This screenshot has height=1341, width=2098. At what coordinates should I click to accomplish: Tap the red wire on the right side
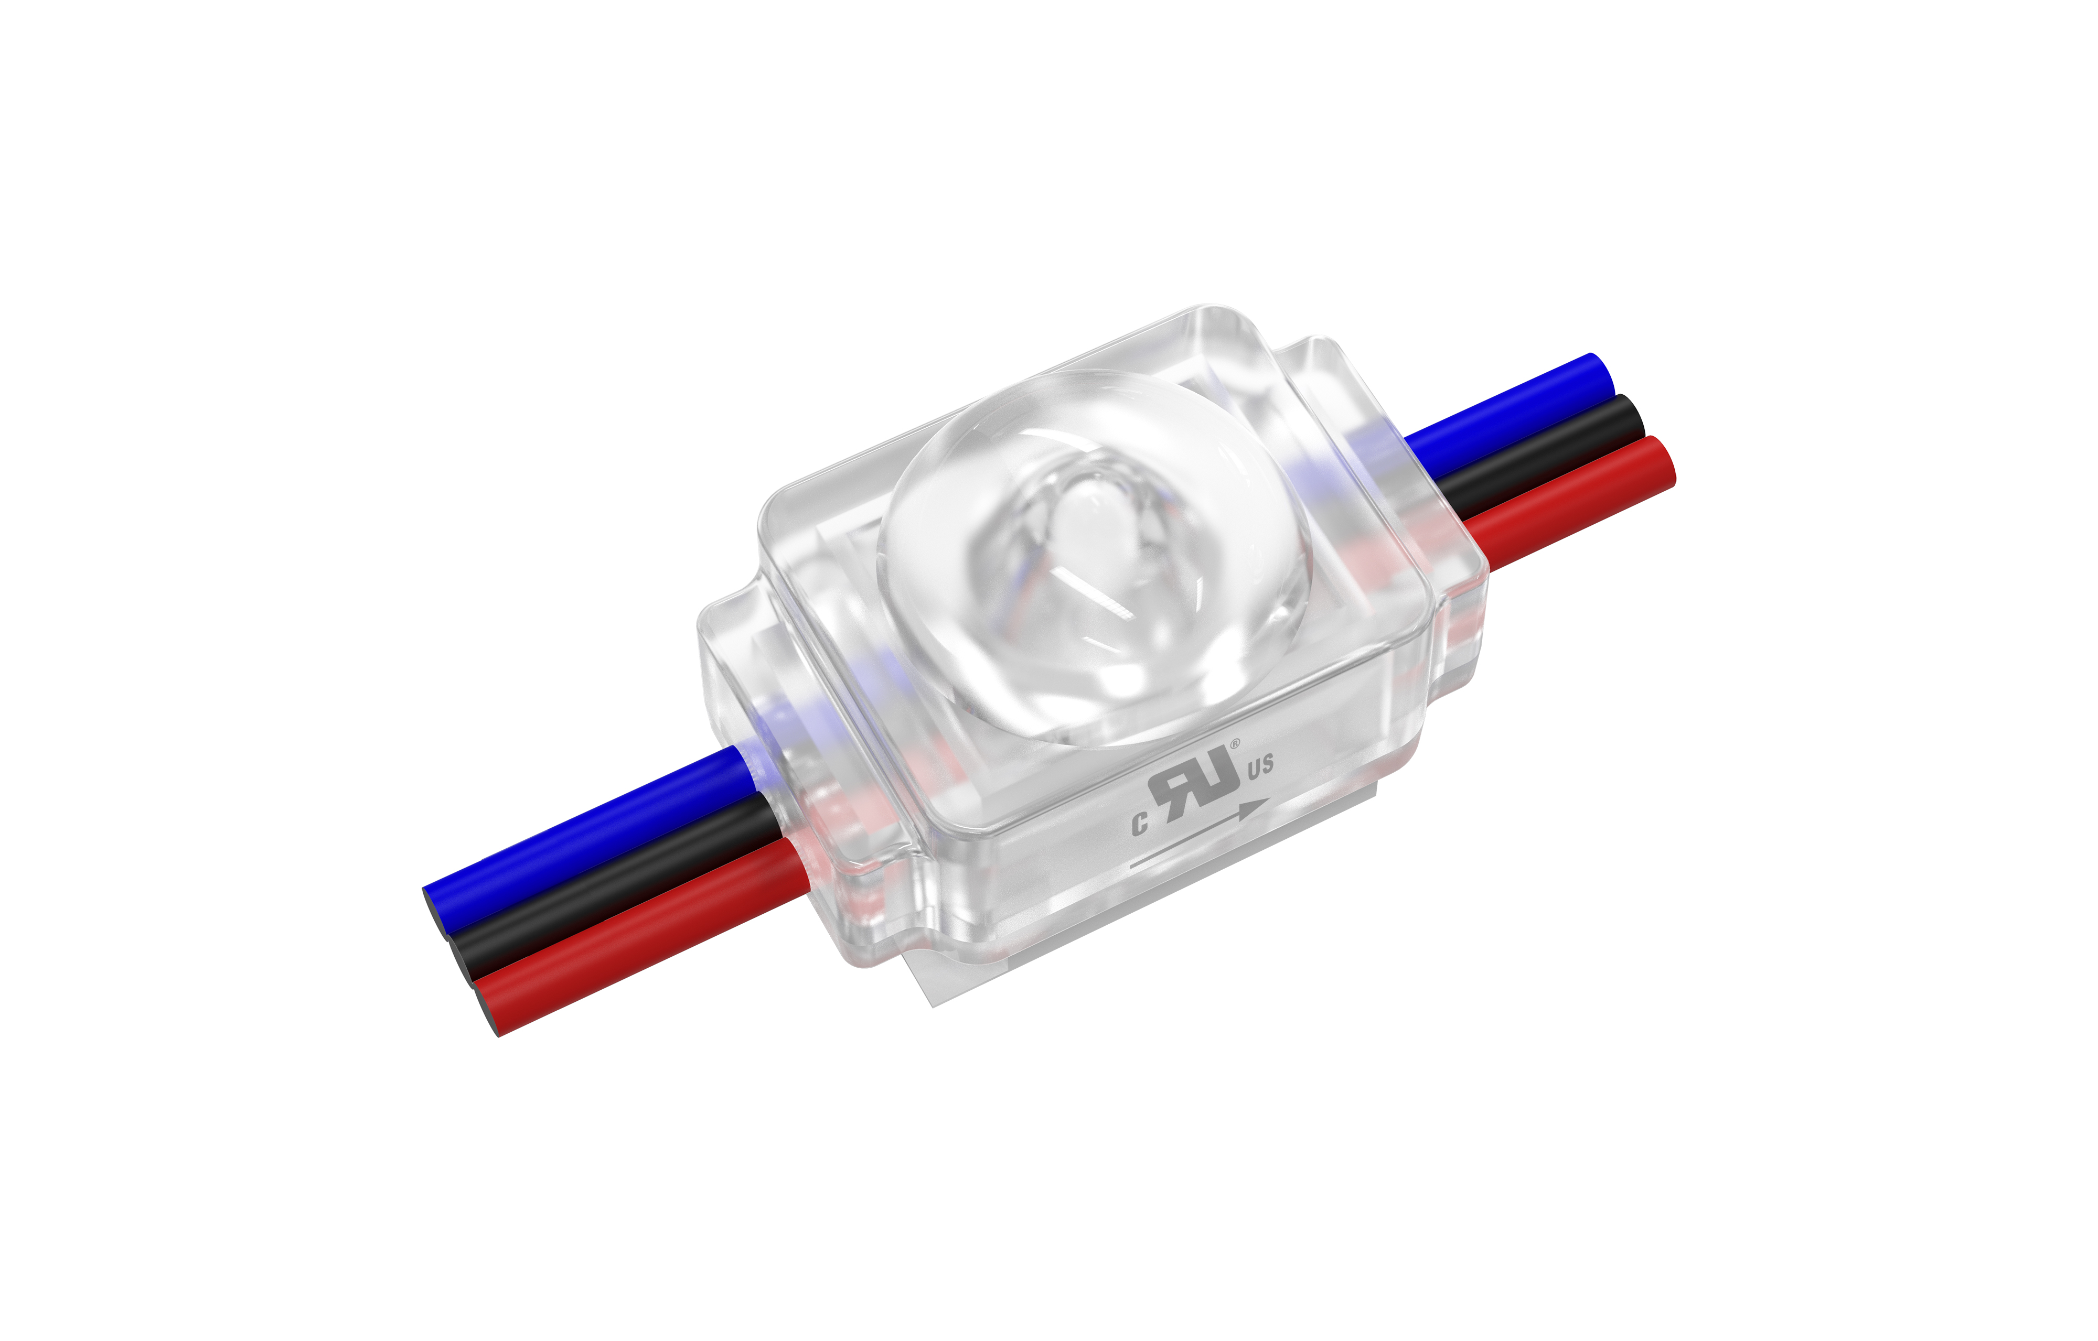(1568, 501)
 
